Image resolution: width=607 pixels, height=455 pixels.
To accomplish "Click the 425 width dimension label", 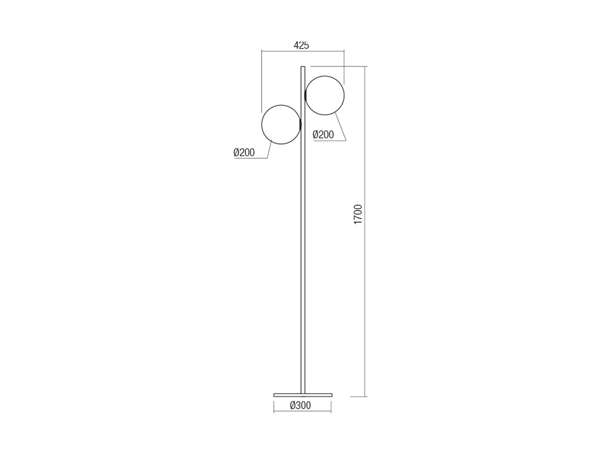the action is click(301, 45).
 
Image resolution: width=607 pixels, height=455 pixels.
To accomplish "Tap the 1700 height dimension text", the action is click(358, 214).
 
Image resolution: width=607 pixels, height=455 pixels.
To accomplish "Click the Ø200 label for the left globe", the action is click(244, 152).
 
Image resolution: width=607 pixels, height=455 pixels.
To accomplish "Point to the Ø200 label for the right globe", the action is click(323, 135).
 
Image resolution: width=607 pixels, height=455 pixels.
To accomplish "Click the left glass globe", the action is click(261, 124).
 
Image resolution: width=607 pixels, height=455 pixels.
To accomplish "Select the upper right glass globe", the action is click(344, 95).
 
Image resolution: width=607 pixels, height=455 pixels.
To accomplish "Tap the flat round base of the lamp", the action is click(303, 395).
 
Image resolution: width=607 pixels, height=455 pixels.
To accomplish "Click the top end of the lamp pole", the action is click(303, 67).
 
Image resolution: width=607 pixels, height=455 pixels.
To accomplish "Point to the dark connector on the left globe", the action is click(300, 124).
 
